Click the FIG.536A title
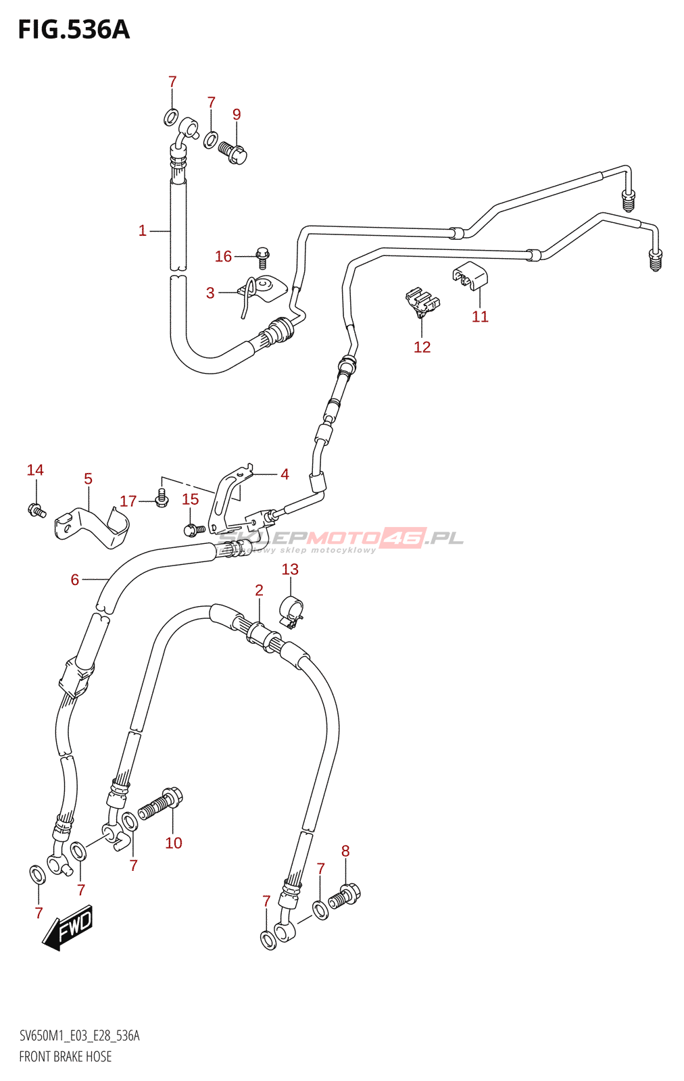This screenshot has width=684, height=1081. [73, 30]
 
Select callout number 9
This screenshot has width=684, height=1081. [237, 114]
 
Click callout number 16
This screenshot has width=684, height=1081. [223, 256]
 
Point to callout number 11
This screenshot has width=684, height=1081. [480, 316]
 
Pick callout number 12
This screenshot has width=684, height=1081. [422, 347]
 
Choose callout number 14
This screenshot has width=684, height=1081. [35, 470]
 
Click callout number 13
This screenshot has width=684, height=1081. [290, 569]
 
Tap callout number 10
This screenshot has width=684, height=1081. [174, 843]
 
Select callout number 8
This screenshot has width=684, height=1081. [345, 851]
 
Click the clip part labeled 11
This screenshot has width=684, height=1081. [470, 275]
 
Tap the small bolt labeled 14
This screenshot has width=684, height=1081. [36, 511]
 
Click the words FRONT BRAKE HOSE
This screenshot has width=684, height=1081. [66, 1057]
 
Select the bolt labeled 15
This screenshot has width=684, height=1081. [192, 530]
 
